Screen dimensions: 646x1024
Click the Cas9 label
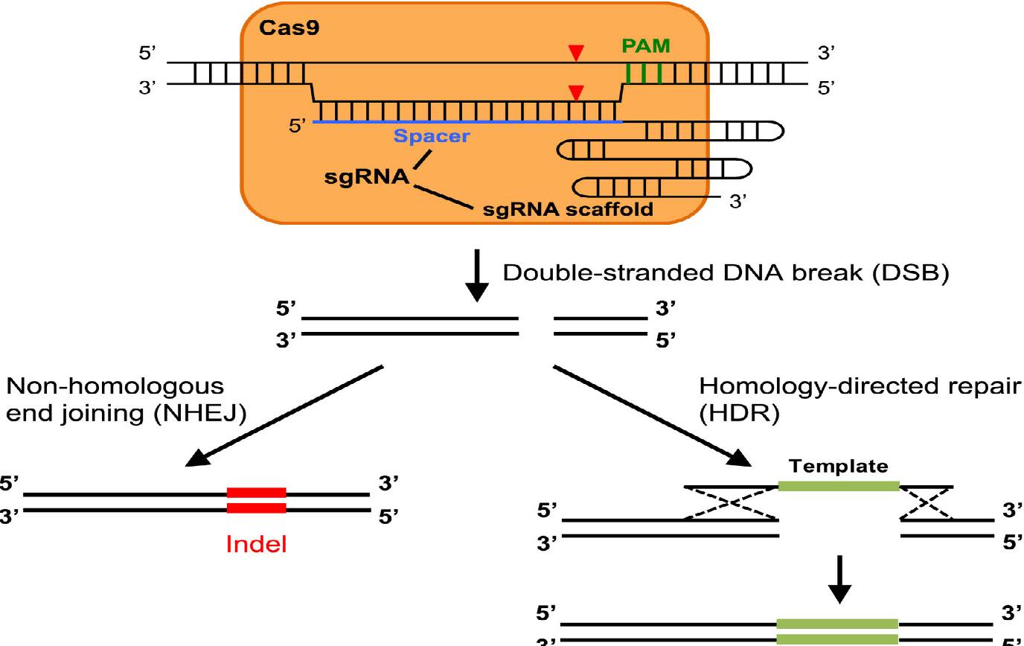click(280, 28)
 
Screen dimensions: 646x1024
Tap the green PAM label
click(646, 46)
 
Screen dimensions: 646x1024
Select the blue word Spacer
click(432, 136)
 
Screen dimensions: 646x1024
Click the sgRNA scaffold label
click(569, 208)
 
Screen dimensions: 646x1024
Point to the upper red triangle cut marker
click(575, 53)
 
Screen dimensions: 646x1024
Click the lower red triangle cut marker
click(575, 93)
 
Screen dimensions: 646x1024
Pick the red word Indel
click(256, 545)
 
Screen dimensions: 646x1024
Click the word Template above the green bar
click(839, 467)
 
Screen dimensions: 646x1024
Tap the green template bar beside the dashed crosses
click(839, 486)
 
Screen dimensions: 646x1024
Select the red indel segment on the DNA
click(256, 500)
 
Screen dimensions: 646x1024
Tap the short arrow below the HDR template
click(839, 579)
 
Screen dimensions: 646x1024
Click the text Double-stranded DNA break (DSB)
click(726, 273)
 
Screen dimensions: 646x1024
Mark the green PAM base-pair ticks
click(644, 73)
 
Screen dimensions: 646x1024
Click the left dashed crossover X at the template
click(731, 503)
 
